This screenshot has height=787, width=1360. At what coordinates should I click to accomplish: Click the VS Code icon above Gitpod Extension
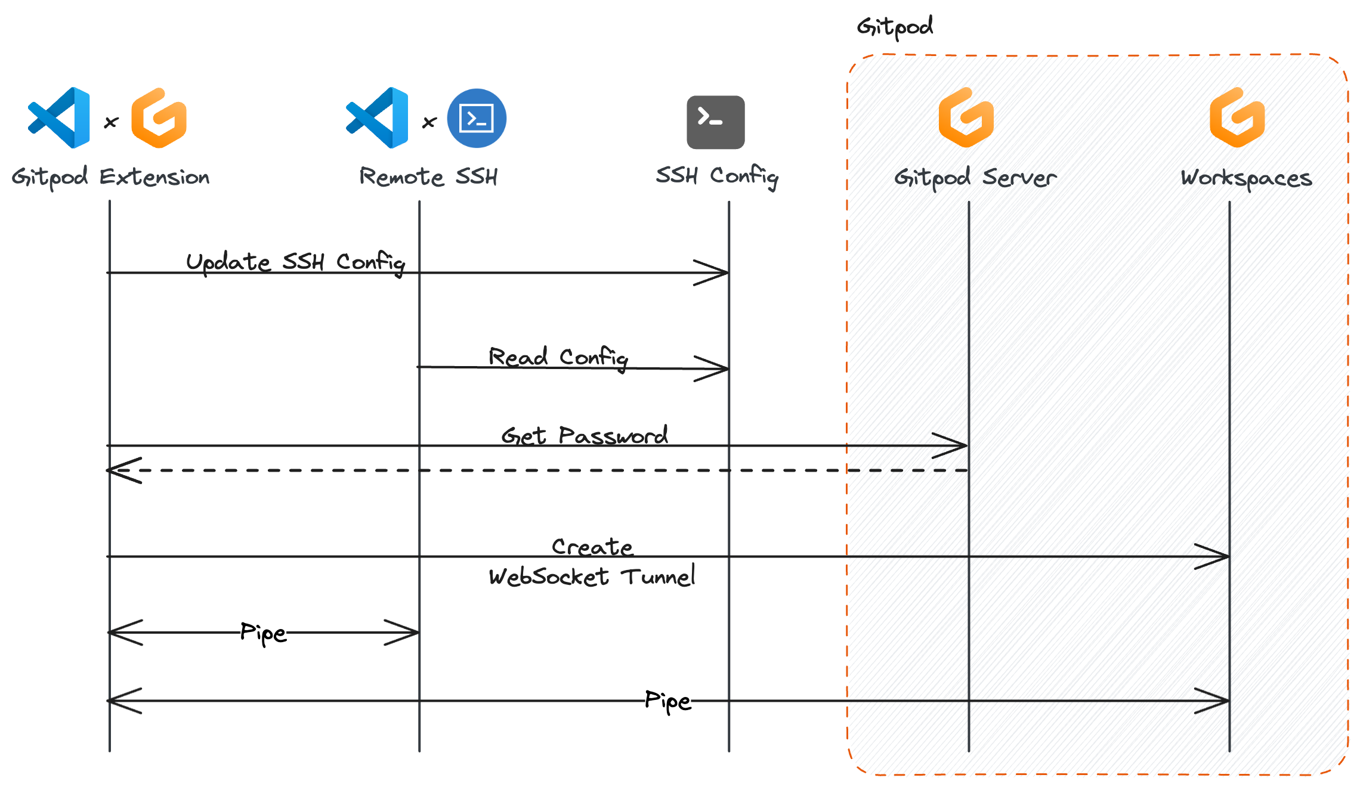coord(60,117)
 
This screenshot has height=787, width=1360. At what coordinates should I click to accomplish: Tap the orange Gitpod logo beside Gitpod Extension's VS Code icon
coord(159,117)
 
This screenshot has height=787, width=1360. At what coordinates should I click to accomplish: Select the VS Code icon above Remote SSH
coord(378,117)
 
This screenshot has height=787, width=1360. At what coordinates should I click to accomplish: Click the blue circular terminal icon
coord(477,118)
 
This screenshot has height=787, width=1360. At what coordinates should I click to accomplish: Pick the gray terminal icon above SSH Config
coord(715,122)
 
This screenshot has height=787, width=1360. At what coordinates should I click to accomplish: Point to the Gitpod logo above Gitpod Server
coord(966,117)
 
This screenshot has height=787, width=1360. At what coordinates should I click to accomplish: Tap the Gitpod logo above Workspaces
coord(1238,117)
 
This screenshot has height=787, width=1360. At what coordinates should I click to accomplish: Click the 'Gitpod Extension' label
coord(110,177)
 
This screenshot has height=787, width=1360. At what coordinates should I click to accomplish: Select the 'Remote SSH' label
coord(428,177)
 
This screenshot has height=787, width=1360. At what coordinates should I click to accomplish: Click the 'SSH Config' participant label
coord(717,176)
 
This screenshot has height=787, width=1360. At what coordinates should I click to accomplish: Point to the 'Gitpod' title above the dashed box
coord(895,27)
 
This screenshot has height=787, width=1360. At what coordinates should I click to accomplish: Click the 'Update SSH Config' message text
coord(295,262)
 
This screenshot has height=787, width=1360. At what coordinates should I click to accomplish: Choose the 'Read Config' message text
coord(558,358)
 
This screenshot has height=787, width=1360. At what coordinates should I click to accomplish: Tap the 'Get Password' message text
coord(585,436)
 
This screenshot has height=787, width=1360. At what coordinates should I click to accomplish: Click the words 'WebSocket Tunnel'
coord(592,577)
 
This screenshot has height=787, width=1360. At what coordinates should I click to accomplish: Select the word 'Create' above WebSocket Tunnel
coord(592,546)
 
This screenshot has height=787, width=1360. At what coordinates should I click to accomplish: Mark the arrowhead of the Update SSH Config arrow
coord(716,273)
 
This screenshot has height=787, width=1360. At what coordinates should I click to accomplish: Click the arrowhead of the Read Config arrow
coord(716,369)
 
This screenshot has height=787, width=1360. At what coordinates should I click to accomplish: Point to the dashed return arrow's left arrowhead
coord(119,470)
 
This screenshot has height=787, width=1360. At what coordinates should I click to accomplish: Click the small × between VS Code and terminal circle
coord(429,123)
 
